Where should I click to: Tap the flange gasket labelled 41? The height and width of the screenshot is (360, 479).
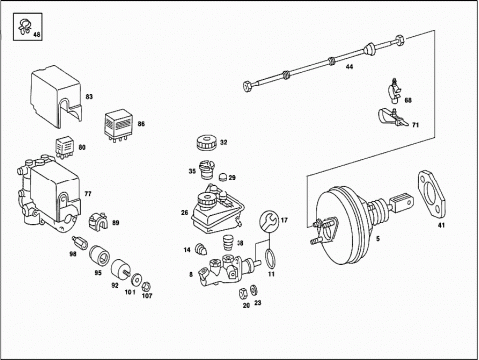coord(431,193)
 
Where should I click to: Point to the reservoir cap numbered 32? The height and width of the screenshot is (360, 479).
coord(206,143)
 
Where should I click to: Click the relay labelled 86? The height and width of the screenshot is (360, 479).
coord(117,126)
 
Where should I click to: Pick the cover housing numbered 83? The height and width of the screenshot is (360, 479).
coord(56,96)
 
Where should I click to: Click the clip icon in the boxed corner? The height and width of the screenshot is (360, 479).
coord(24,26)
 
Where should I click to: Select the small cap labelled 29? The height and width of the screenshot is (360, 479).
coord(223,178)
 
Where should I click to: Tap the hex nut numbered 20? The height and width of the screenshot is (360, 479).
coord(243,293)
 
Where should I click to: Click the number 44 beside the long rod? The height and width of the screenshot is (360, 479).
coord(349,67)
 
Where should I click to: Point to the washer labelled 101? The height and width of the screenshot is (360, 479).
coord(136,280)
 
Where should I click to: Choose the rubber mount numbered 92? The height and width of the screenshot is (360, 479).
coord(120,268)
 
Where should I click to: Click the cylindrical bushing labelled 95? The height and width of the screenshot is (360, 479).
coord(99,256)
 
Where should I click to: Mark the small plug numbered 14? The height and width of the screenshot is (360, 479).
coord(201,249)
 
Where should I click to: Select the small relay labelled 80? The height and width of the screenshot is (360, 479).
coord(64,146)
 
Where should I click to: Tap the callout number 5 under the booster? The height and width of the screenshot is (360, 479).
coord(378,238)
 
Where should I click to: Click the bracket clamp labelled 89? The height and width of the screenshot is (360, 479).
coord(98,220)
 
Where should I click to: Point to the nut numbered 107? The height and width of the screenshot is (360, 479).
coord(146,286)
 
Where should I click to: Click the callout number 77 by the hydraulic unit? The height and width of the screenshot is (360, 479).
coord(88,194)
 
